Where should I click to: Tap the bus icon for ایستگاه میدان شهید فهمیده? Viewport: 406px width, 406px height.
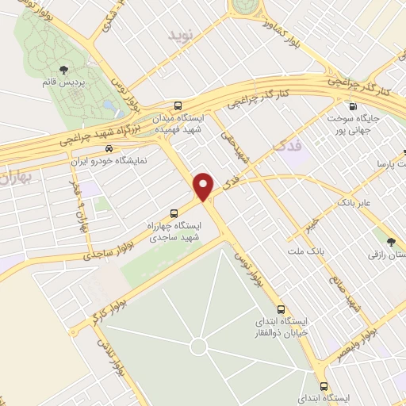[x=178, y=105]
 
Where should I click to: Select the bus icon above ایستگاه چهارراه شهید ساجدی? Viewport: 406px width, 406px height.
[x=174, y=213]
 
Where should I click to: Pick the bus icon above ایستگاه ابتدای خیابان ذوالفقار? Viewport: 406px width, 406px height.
[x=281, y=309]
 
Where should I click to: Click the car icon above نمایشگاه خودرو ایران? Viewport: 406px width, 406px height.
[x=107, y=148]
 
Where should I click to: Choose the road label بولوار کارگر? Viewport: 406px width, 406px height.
[x=99, y=310]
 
